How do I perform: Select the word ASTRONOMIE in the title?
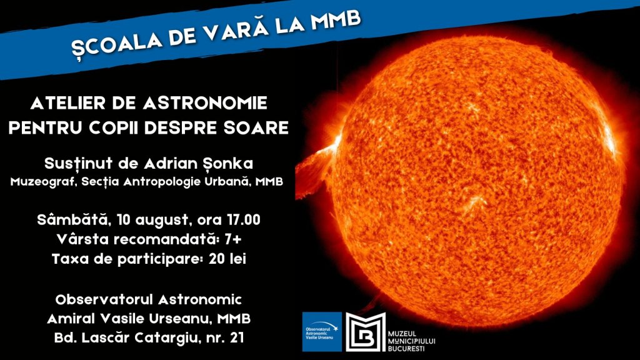pos(205,103)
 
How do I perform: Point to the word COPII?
pos(115,127)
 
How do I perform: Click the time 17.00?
pos(243,220)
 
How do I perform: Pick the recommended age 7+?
pos(232,239)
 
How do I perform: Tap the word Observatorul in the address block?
pos(104,299)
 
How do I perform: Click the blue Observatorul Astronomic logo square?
pos(322,332)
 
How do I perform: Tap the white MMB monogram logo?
pos(366,332)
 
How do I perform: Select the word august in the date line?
pos(162,221)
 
